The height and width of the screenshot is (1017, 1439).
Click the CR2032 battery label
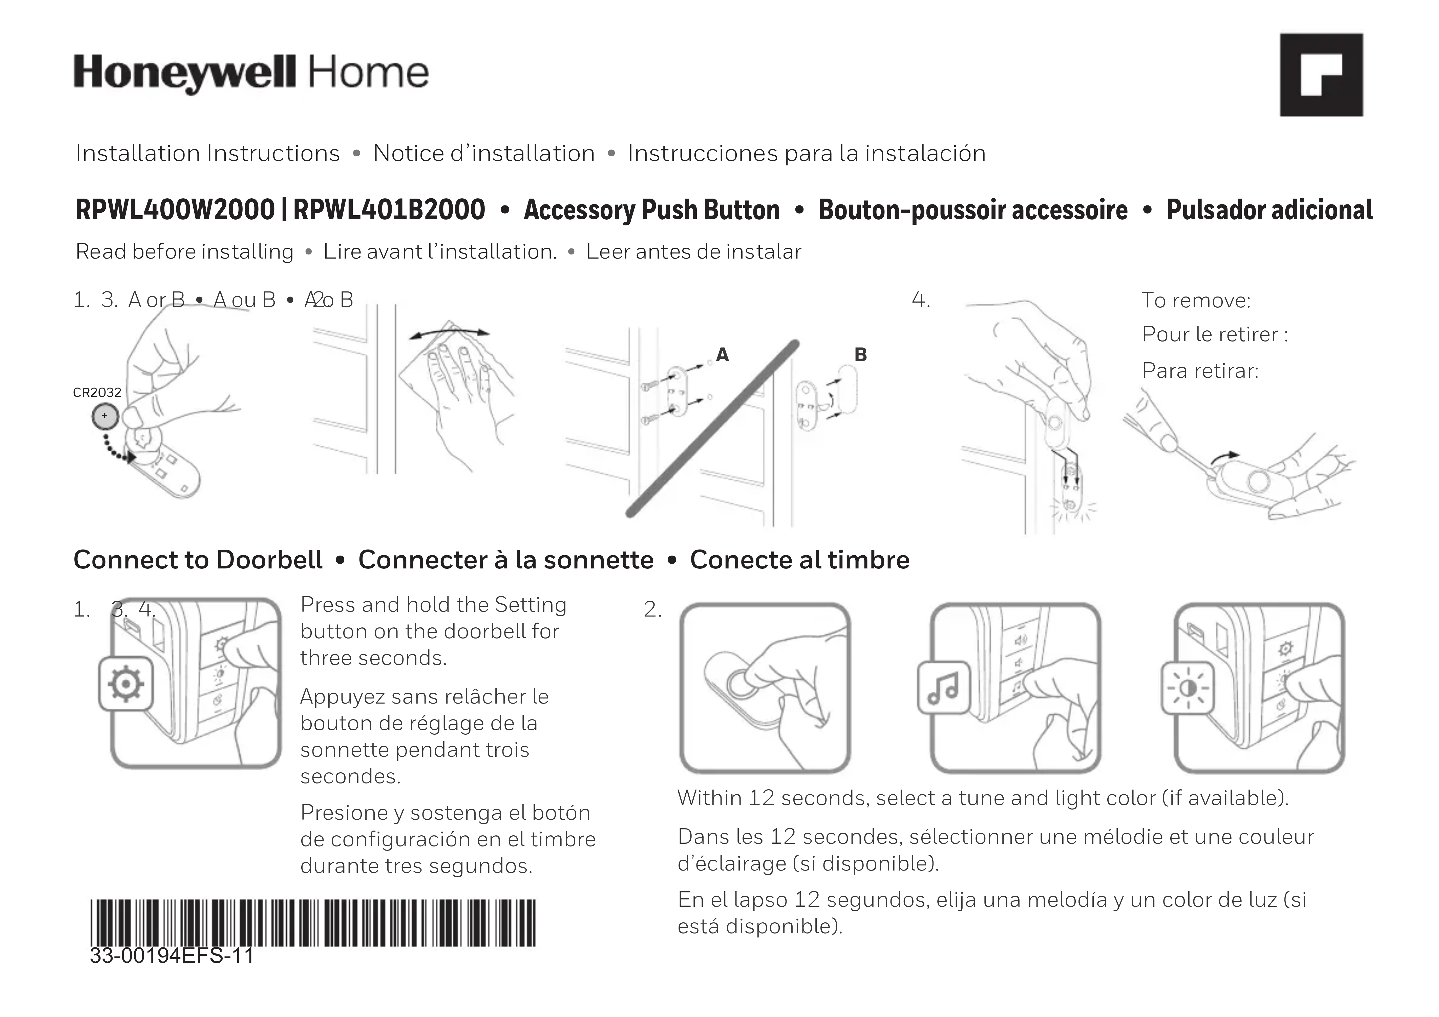pos(97,392)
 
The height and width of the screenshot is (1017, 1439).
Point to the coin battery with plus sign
pos(105,415)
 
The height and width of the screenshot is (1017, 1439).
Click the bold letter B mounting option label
pos(860,355)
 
